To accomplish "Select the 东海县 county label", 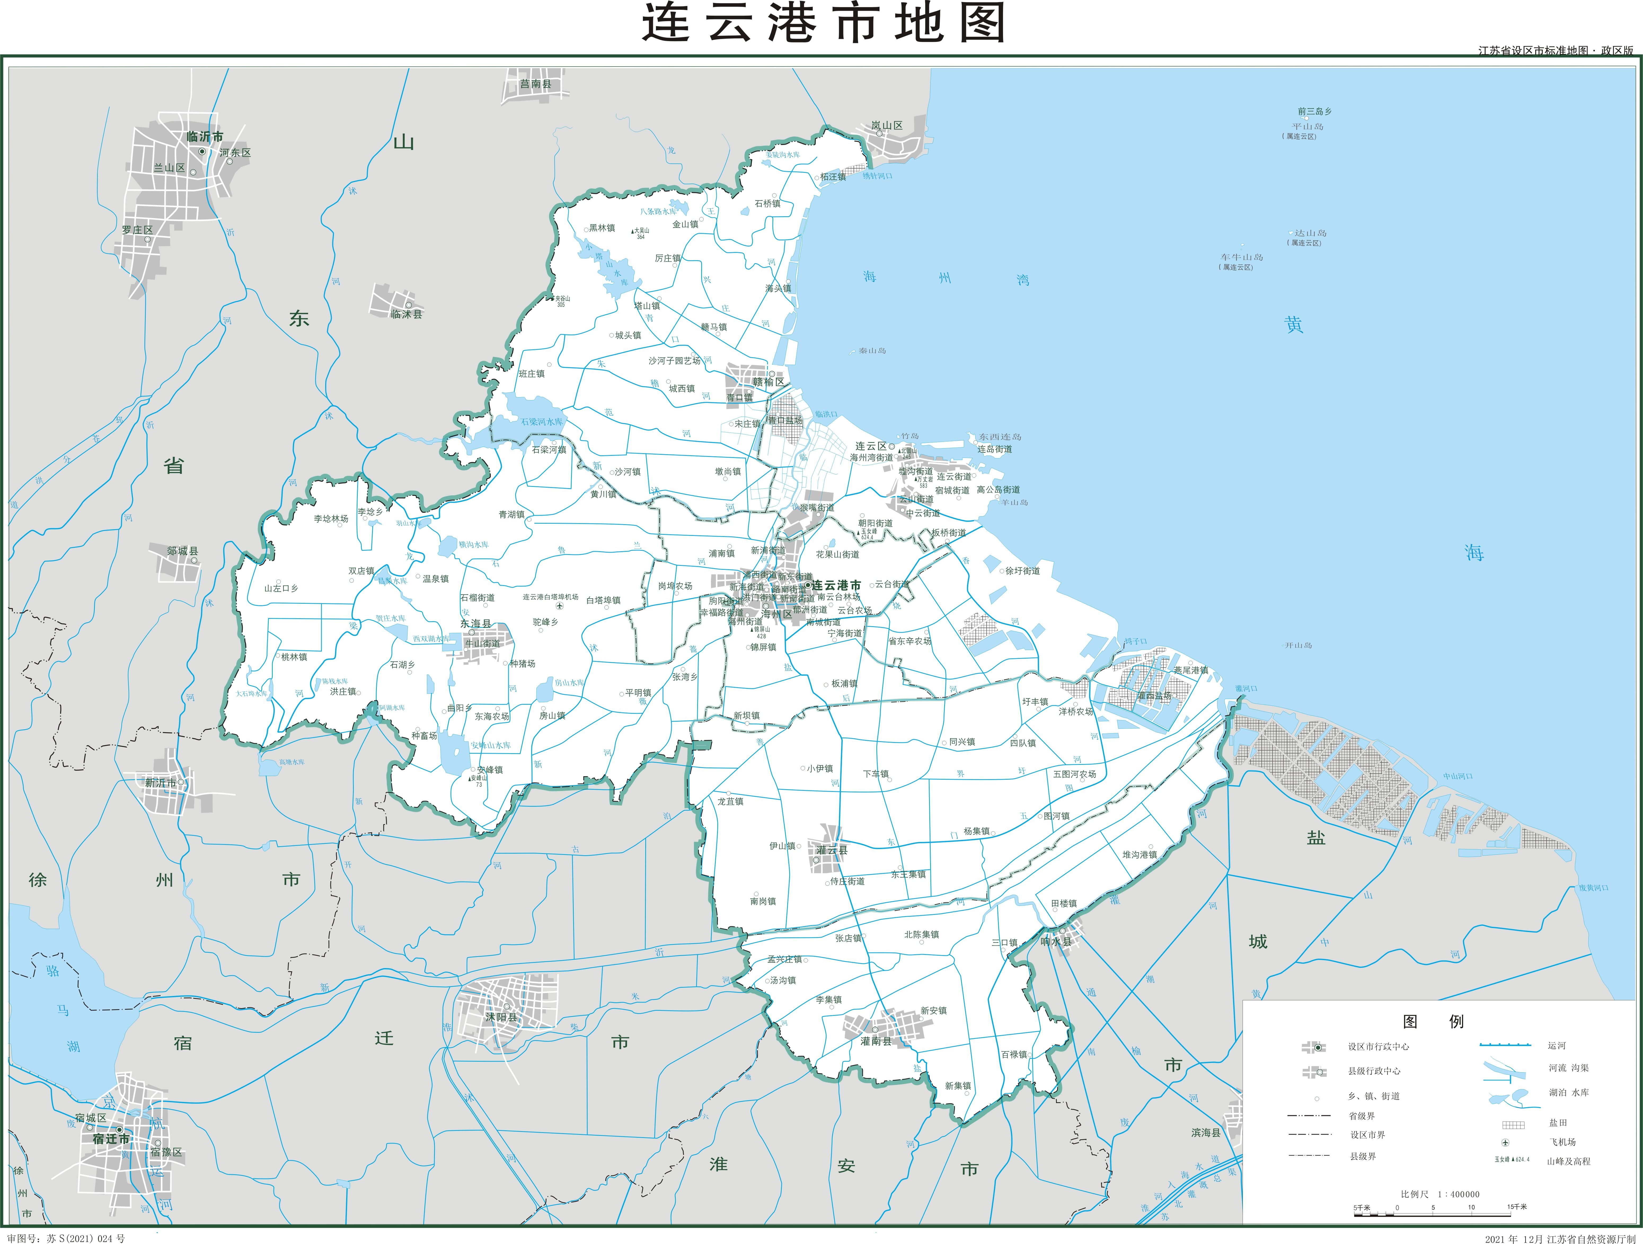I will [475, 624].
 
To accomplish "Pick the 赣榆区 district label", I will [768, 382].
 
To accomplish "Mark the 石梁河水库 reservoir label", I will [541, 422].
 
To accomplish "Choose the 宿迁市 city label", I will [111, 1139].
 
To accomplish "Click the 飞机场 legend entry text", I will [1562, 1141].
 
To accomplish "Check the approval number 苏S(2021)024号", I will [85, 1238].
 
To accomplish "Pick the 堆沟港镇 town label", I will [1139, 855].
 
